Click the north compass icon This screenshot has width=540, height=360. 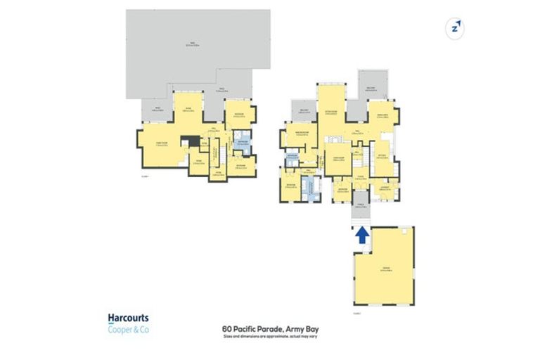(x=456, y=28)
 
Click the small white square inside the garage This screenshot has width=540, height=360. (x=406, y=231)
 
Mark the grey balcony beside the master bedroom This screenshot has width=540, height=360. (x=304, y=112)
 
